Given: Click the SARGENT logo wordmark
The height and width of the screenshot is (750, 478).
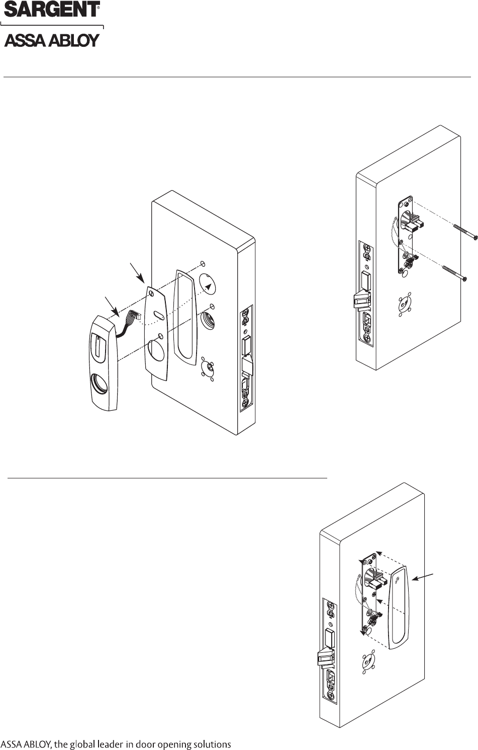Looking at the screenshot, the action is pos(52,10).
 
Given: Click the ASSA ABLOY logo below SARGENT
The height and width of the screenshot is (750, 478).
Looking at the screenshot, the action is pos(52,40).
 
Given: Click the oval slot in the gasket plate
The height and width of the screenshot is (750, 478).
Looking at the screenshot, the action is pos(157,317).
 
